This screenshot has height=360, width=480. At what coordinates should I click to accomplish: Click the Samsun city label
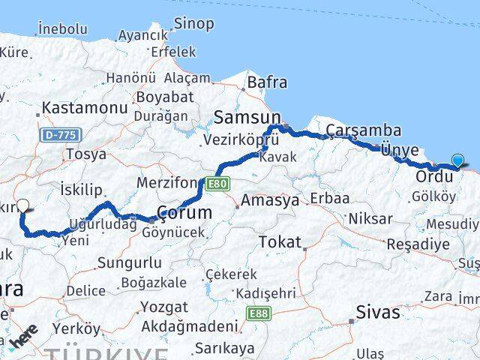tap(247, 117)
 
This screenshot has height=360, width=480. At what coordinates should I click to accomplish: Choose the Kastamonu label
tap(85, 108)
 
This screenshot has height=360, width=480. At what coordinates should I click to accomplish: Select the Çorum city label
tap(184, 213)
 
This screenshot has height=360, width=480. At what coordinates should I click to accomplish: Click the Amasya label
tap(270, 201)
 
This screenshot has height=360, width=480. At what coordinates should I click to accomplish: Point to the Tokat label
tap(279, 241)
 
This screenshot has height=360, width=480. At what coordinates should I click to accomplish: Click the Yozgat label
tap(165, 307)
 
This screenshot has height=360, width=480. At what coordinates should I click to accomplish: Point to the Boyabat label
tap(163, 97)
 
